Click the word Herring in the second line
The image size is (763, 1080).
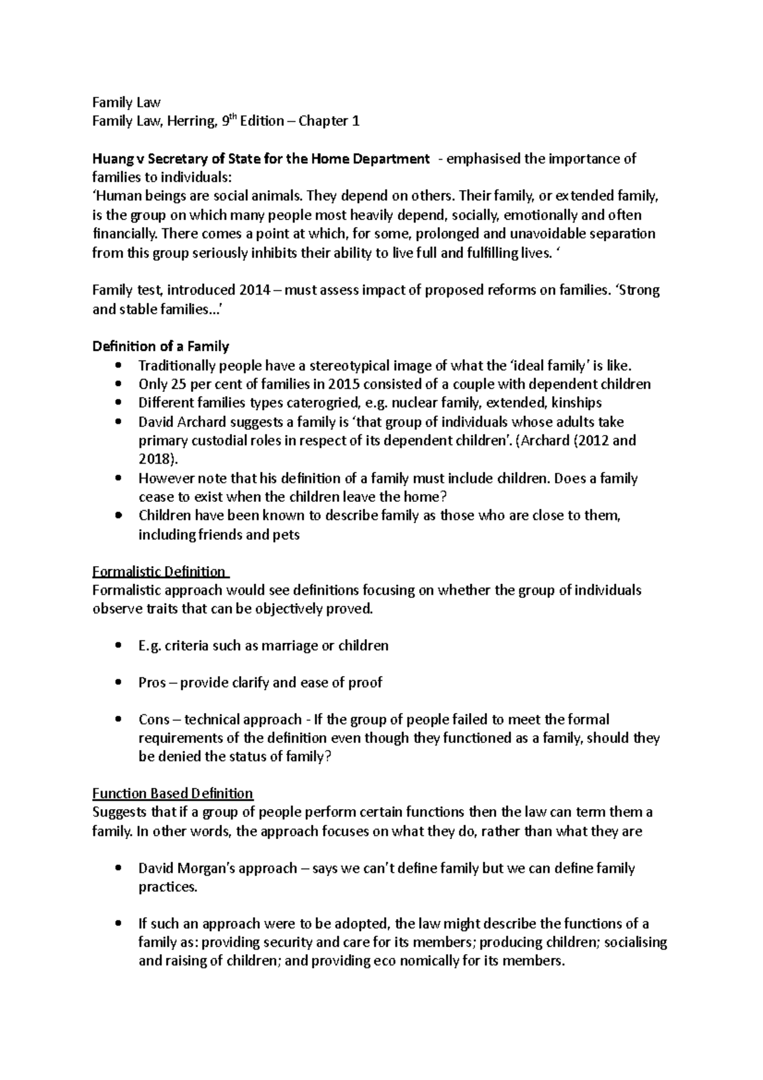190,121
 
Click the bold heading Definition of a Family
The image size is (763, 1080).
160,347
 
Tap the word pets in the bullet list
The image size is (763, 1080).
286,535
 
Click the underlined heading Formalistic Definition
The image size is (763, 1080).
159,571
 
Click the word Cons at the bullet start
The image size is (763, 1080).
154,720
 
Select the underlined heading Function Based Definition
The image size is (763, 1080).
172,794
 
